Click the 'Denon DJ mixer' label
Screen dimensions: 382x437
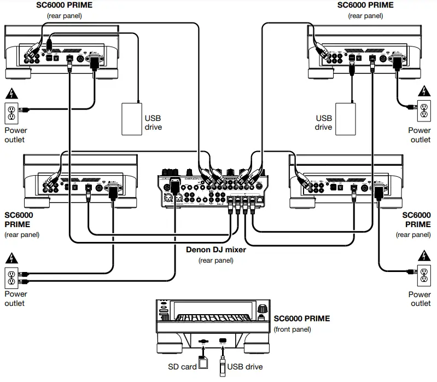click(215, 250)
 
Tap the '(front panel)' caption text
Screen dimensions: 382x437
click(292, 329)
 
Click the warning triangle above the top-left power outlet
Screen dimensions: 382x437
click(11, 92)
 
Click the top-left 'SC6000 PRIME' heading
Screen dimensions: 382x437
click(65, 5)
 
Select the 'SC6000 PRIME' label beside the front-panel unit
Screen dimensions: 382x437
click(301, 319)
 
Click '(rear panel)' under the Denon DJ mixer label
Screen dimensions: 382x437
click(215, 261)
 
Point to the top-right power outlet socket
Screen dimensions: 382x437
click(422, 112)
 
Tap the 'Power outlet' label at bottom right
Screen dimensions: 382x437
click(419, 298)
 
